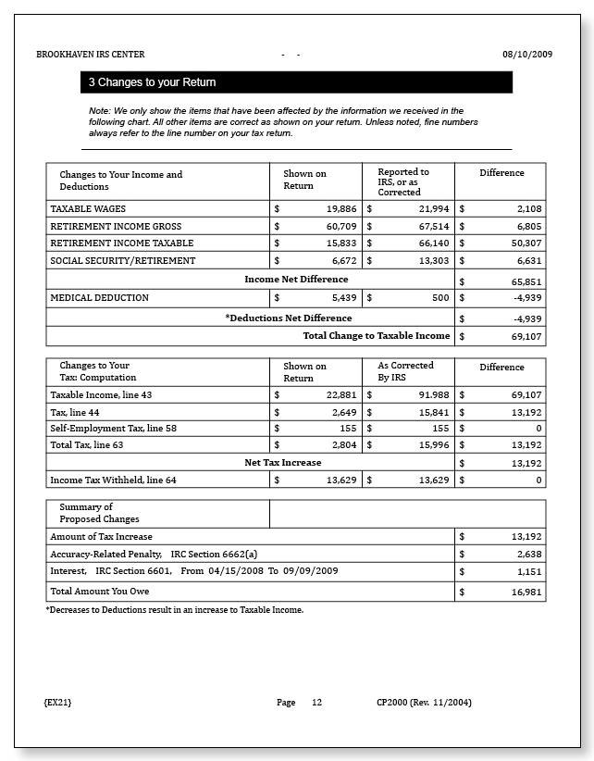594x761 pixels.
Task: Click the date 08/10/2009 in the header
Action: pyautogui.click(x=527, y=55)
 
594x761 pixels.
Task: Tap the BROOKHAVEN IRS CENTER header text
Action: pyautogui.click(x=91, y=55)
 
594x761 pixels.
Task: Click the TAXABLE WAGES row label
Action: pyautogui.click(x=89, y=209)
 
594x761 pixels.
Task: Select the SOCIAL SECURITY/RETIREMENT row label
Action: pyautogui.click(x=123, y=261)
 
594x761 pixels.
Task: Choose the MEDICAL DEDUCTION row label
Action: pyautogui.click(x=99, y=298)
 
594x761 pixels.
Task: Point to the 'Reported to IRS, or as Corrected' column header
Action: pyautogui.click(x=403, y=181)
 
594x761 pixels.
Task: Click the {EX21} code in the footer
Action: pyautogui.click(x=57, y=703)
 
